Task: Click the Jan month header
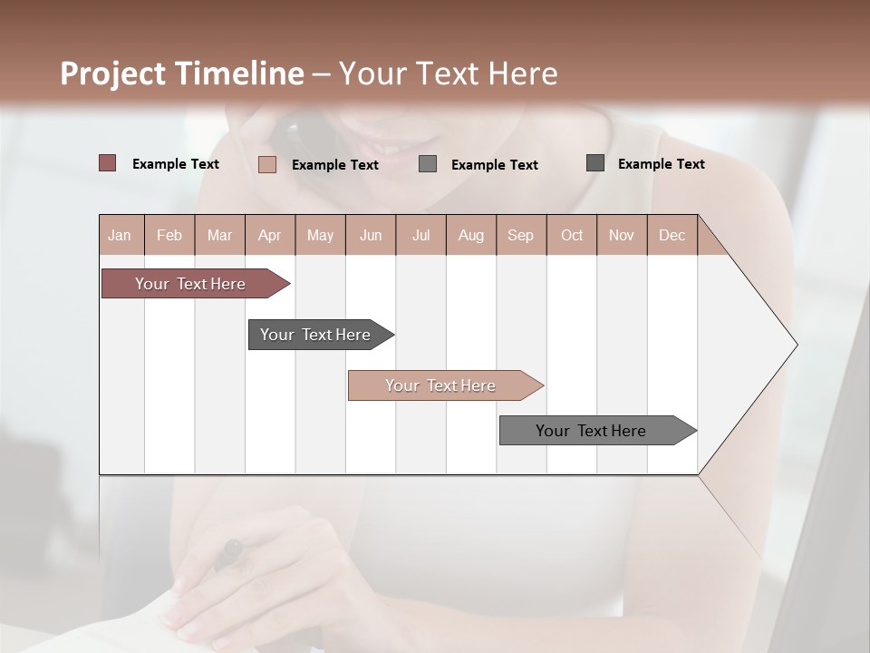pyautogui.click(x=121, y=236)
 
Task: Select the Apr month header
pyautogui.click(x=269, y=236)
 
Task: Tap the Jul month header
pyautogui.click(x=420, y=236)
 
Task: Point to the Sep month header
pyautogui.click(x=520, y=236)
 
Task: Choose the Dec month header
pyautogui.click(x=672, y=236)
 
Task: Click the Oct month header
pyautogui.click(x=571, y=236)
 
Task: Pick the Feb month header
pyautogui.click(x=169, y=236)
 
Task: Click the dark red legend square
pyautogui.click(x=108, y=163)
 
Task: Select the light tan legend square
pyautogui.click(x=267, y=164)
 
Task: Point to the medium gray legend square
pyautogui.click(x=428, y=164)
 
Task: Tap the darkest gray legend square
pyautogui.click(x=595, y=163)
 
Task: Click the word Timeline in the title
pyautogui.click(x=239, y=73)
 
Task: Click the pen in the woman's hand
pyautogui.click(x=227, y=553)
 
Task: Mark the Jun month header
pyautogui.click(x=371, y=236)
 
